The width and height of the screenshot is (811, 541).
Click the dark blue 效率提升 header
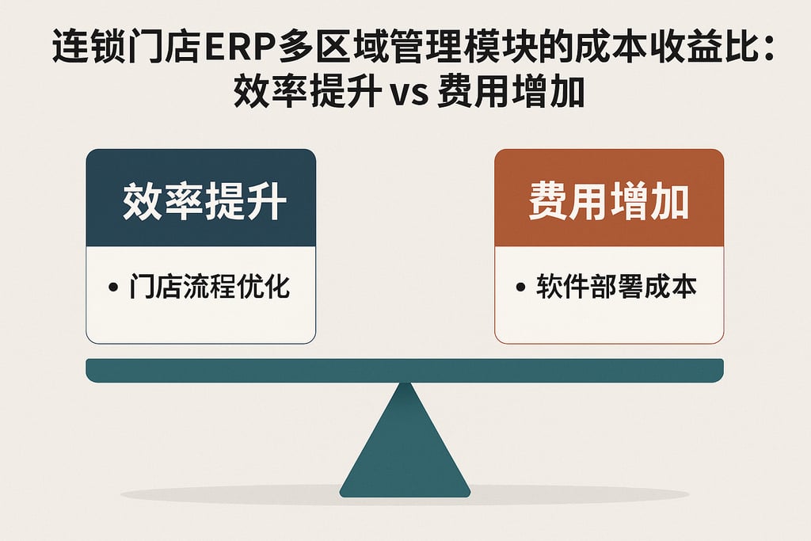click(200, 199)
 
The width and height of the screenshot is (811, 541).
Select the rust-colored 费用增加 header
click(608, 199)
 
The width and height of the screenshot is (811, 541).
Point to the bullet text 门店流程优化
click(210, 286)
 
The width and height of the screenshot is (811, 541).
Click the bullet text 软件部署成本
click(616, 286)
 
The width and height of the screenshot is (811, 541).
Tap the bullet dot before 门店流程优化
click(112, 288)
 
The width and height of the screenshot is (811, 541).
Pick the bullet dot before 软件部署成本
click(520, 288)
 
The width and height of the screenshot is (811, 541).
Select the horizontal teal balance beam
click(405, 369)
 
